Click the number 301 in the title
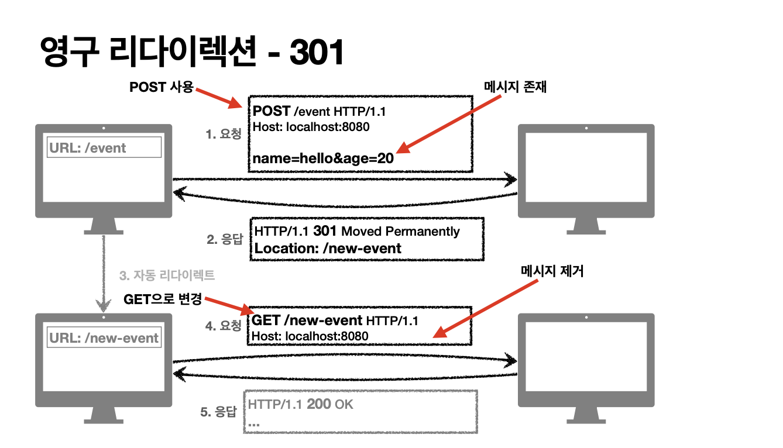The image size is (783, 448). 317,53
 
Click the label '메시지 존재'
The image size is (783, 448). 515,87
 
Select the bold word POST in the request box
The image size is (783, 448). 272,111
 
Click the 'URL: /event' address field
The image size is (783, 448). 104,148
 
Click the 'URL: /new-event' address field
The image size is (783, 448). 104,338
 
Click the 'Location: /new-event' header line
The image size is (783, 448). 328,248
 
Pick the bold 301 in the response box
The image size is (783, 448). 325,231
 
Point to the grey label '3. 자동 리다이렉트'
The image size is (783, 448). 167,275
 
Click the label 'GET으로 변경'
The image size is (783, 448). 163,299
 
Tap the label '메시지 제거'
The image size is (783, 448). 552,271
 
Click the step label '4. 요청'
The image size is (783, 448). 223,326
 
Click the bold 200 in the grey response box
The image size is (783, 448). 318,404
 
